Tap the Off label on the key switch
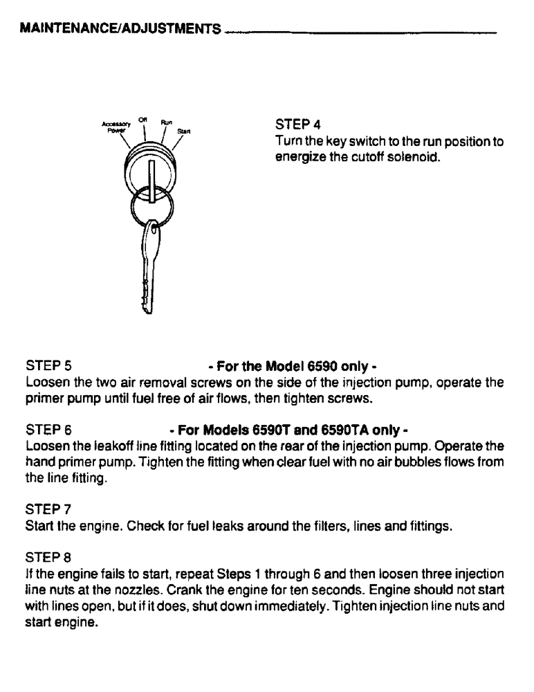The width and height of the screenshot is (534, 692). (143, 120)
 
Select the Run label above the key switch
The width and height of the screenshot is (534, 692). (167, 121)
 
